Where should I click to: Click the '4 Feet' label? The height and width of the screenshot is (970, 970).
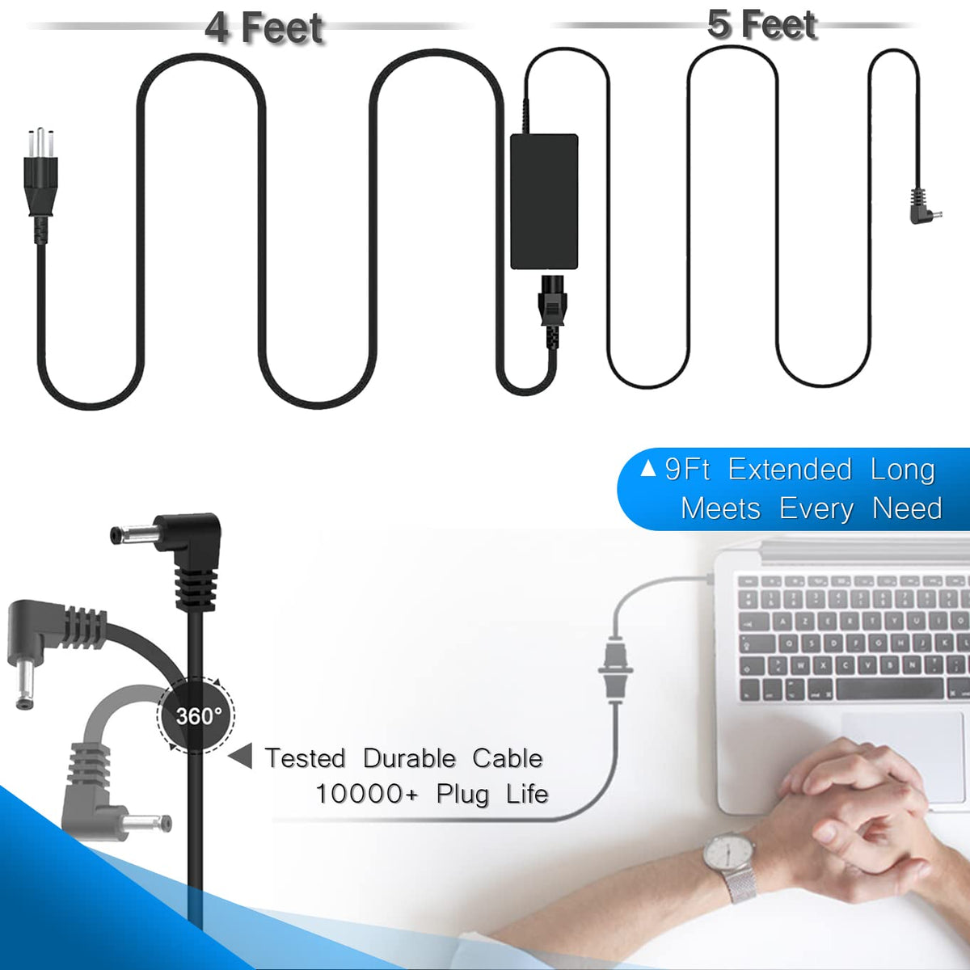[264, 28]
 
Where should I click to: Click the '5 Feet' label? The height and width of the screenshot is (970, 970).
[761, 25]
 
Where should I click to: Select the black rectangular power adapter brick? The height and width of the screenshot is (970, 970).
[544, 201]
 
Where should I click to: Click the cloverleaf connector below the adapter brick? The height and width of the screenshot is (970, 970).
[553, 312]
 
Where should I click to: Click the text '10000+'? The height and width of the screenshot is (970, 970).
[366, 794]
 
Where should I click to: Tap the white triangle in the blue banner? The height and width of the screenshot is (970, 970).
[647, 469]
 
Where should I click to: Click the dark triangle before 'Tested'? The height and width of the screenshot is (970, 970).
[241, 756]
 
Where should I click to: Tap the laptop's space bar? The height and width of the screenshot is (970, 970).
[889, 689]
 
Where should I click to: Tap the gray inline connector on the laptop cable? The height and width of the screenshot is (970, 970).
[616, 669]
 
